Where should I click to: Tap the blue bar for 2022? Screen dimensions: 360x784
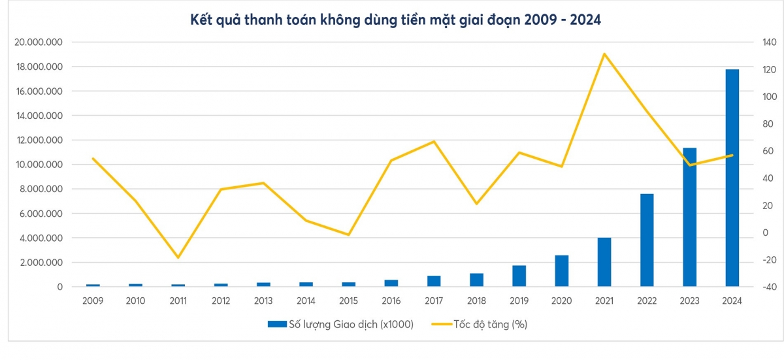[647, 240]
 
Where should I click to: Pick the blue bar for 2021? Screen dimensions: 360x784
[604, 262]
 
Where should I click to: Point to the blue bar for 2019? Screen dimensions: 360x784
[519, 276]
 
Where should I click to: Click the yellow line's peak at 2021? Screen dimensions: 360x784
[604, 54]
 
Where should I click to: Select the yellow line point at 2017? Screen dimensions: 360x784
[434, 141]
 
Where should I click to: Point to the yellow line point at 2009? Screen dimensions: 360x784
[93, 158]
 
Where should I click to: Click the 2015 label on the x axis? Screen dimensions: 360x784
[348, 301]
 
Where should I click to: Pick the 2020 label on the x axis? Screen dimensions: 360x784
[561, 301]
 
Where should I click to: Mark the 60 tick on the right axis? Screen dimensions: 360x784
[766, 151]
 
